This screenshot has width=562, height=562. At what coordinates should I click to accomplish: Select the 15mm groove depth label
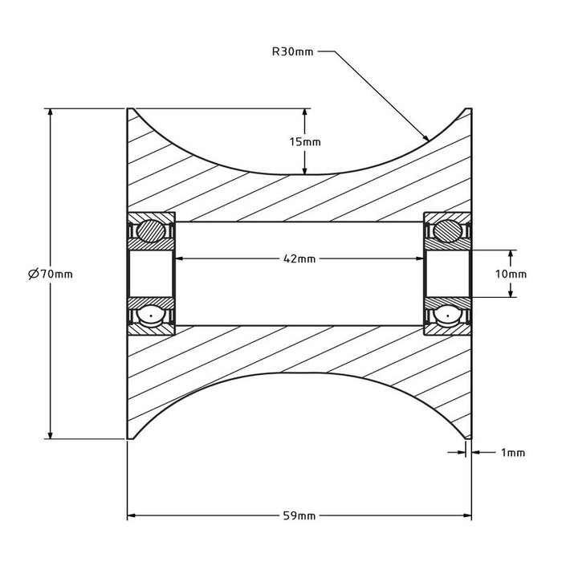(x=304, y=141)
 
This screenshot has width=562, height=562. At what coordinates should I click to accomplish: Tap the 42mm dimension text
(x=299, y=259)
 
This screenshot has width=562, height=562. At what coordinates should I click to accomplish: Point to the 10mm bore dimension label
(x=511, y=274)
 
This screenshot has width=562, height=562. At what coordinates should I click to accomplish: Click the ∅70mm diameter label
(x=51, y=274)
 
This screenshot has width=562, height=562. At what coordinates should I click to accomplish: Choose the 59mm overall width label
(x=299, y=515)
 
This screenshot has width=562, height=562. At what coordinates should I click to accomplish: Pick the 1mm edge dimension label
(x=512, y=453)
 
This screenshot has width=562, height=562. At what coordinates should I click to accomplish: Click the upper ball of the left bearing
(x=150, y=231)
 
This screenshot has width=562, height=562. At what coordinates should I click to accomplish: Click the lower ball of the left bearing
(x=150, y=316)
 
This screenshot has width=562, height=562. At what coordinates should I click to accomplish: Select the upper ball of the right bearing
(x=447, y=231)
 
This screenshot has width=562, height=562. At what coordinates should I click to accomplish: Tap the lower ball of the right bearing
(x=447, y=316)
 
